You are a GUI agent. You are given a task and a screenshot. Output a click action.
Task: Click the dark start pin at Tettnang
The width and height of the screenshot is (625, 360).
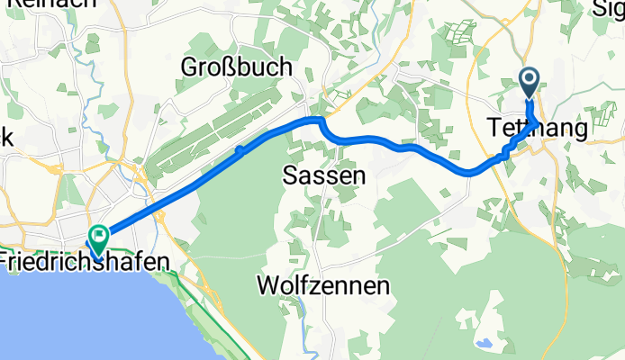pyautogui.click(x=529, y=84)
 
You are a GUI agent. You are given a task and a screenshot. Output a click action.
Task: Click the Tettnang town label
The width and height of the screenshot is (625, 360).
pyautogui.click(x=537, y=128)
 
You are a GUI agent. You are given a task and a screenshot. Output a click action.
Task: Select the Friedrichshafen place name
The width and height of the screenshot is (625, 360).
pyautogui.click(x=86, y=262)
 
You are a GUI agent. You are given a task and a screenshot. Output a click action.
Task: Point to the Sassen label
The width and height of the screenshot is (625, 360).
pyautogui.click(x=324, y=176)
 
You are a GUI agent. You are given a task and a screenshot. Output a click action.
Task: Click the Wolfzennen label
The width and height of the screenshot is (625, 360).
pyautogui.click(x=323, y=287)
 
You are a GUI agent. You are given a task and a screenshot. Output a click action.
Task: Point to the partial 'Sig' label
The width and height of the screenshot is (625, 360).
pyautogui.click(x=610, y=8)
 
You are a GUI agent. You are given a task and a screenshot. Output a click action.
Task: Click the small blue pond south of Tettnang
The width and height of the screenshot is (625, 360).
pyautogui.click(x=487, y=343)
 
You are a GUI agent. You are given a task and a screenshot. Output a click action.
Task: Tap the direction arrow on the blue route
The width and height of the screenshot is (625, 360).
pyautogui.click(x=240, y=151)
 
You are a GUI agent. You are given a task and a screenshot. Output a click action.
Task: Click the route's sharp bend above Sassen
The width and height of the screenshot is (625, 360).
pyautogui.click(x=318, y=119)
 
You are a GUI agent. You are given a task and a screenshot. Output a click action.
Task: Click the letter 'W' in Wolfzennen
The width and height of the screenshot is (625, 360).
pyautogui.click(x=267, y=287)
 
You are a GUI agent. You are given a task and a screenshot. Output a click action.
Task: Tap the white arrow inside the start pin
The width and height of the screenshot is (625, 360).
pyautogui.click(x=529, y=81)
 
